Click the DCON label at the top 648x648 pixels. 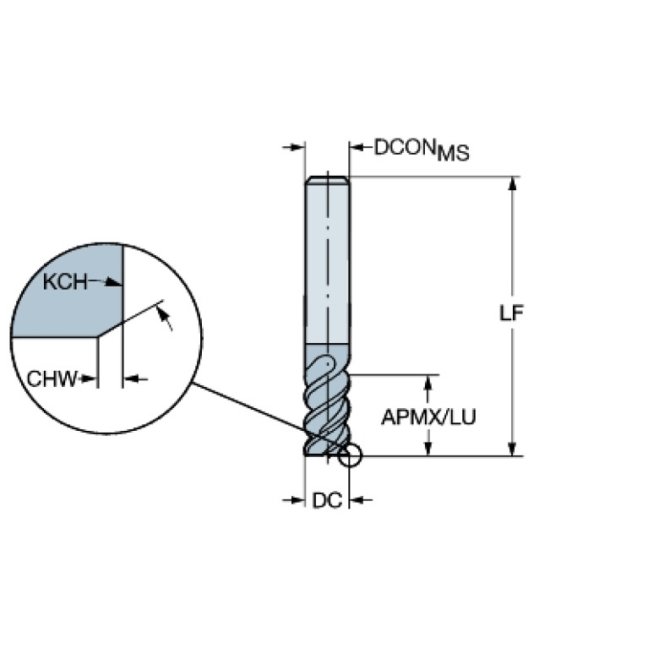[x=405, y=147]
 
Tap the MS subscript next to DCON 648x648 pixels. [x=454, y=153]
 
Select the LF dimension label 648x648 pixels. [x=512, y=313]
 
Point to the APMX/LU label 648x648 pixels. [x=428, y=417]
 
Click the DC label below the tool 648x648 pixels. [x=327, y=500]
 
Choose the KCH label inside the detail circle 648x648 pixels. [x=65, y=282]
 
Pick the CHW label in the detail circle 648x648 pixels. [x=52, y=378]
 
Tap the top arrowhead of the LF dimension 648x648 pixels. [x=513, y=183]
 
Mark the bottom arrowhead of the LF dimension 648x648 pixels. [x=513, y=449]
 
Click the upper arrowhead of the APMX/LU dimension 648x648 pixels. [x=428, y=382]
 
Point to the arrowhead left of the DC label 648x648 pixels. [x=298, y=500]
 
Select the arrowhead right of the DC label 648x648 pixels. [x=357, y=500]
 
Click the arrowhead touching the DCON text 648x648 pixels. [x=357, y=147]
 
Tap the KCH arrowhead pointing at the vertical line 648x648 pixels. [x=114, y=282]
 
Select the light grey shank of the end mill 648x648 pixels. [x=327, y=261]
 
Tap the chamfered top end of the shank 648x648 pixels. [x=327, y=179]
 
